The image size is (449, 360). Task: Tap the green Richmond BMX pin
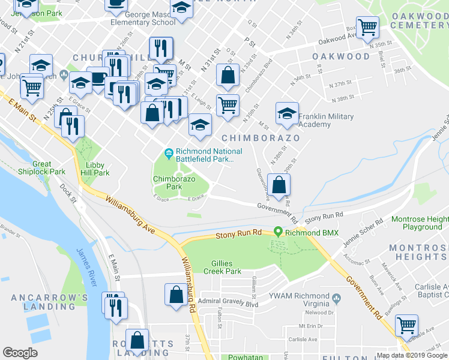(278, 232)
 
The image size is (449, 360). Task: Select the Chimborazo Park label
(175, 183)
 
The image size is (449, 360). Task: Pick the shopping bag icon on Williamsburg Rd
(176, 295)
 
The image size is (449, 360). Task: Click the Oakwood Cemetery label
(419, 20)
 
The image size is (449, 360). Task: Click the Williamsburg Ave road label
(129, 214)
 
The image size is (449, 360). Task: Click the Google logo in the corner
(20, 353)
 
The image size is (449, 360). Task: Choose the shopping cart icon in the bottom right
(406, 325)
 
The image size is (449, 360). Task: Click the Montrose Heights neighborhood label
(418, 252)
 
